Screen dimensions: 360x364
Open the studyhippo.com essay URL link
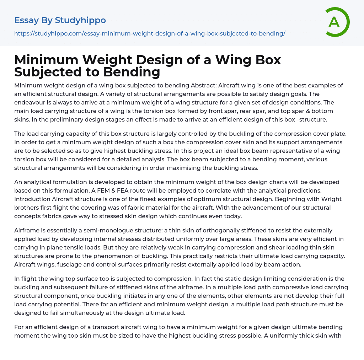point(150,33)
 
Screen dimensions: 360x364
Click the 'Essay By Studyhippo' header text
point(60,20)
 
